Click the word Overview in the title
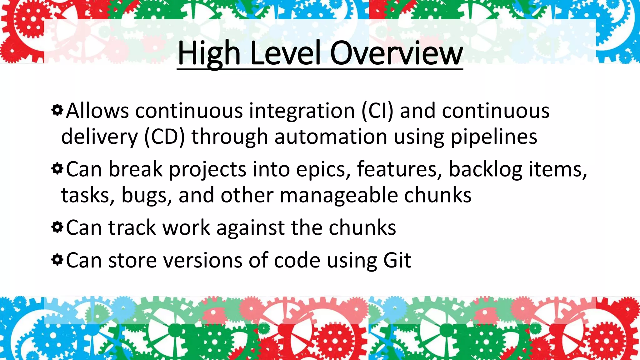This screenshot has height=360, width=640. [396, 54]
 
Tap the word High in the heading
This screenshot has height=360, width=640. [209, 54]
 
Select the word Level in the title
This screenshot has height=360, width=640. [285, 54]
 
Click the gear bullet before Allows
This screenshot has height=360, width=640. [57, 110]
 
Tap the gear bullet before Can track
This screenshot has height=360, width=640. [57, 227]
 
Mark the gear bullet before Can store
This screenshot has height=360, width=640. [57, 260]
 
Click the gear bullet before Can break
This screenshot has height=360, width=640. [57, 169]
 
